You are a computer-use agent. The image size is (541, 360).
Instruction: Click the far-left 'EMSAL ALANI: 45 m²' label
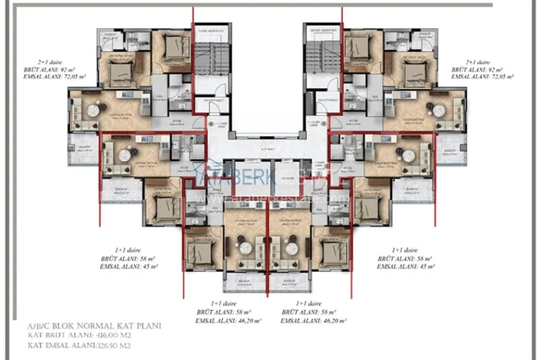(129, 267)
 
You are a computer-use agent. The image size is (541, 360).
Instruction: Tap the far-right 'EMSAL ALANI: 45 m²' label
(405, 267)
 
